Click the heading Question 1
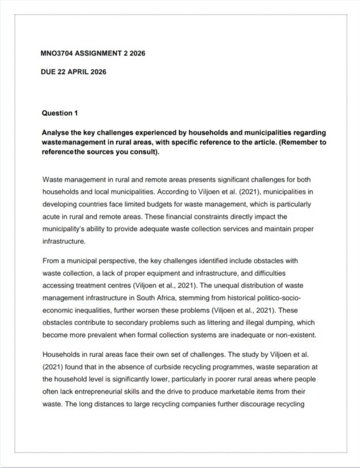(x=59, y=113)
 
